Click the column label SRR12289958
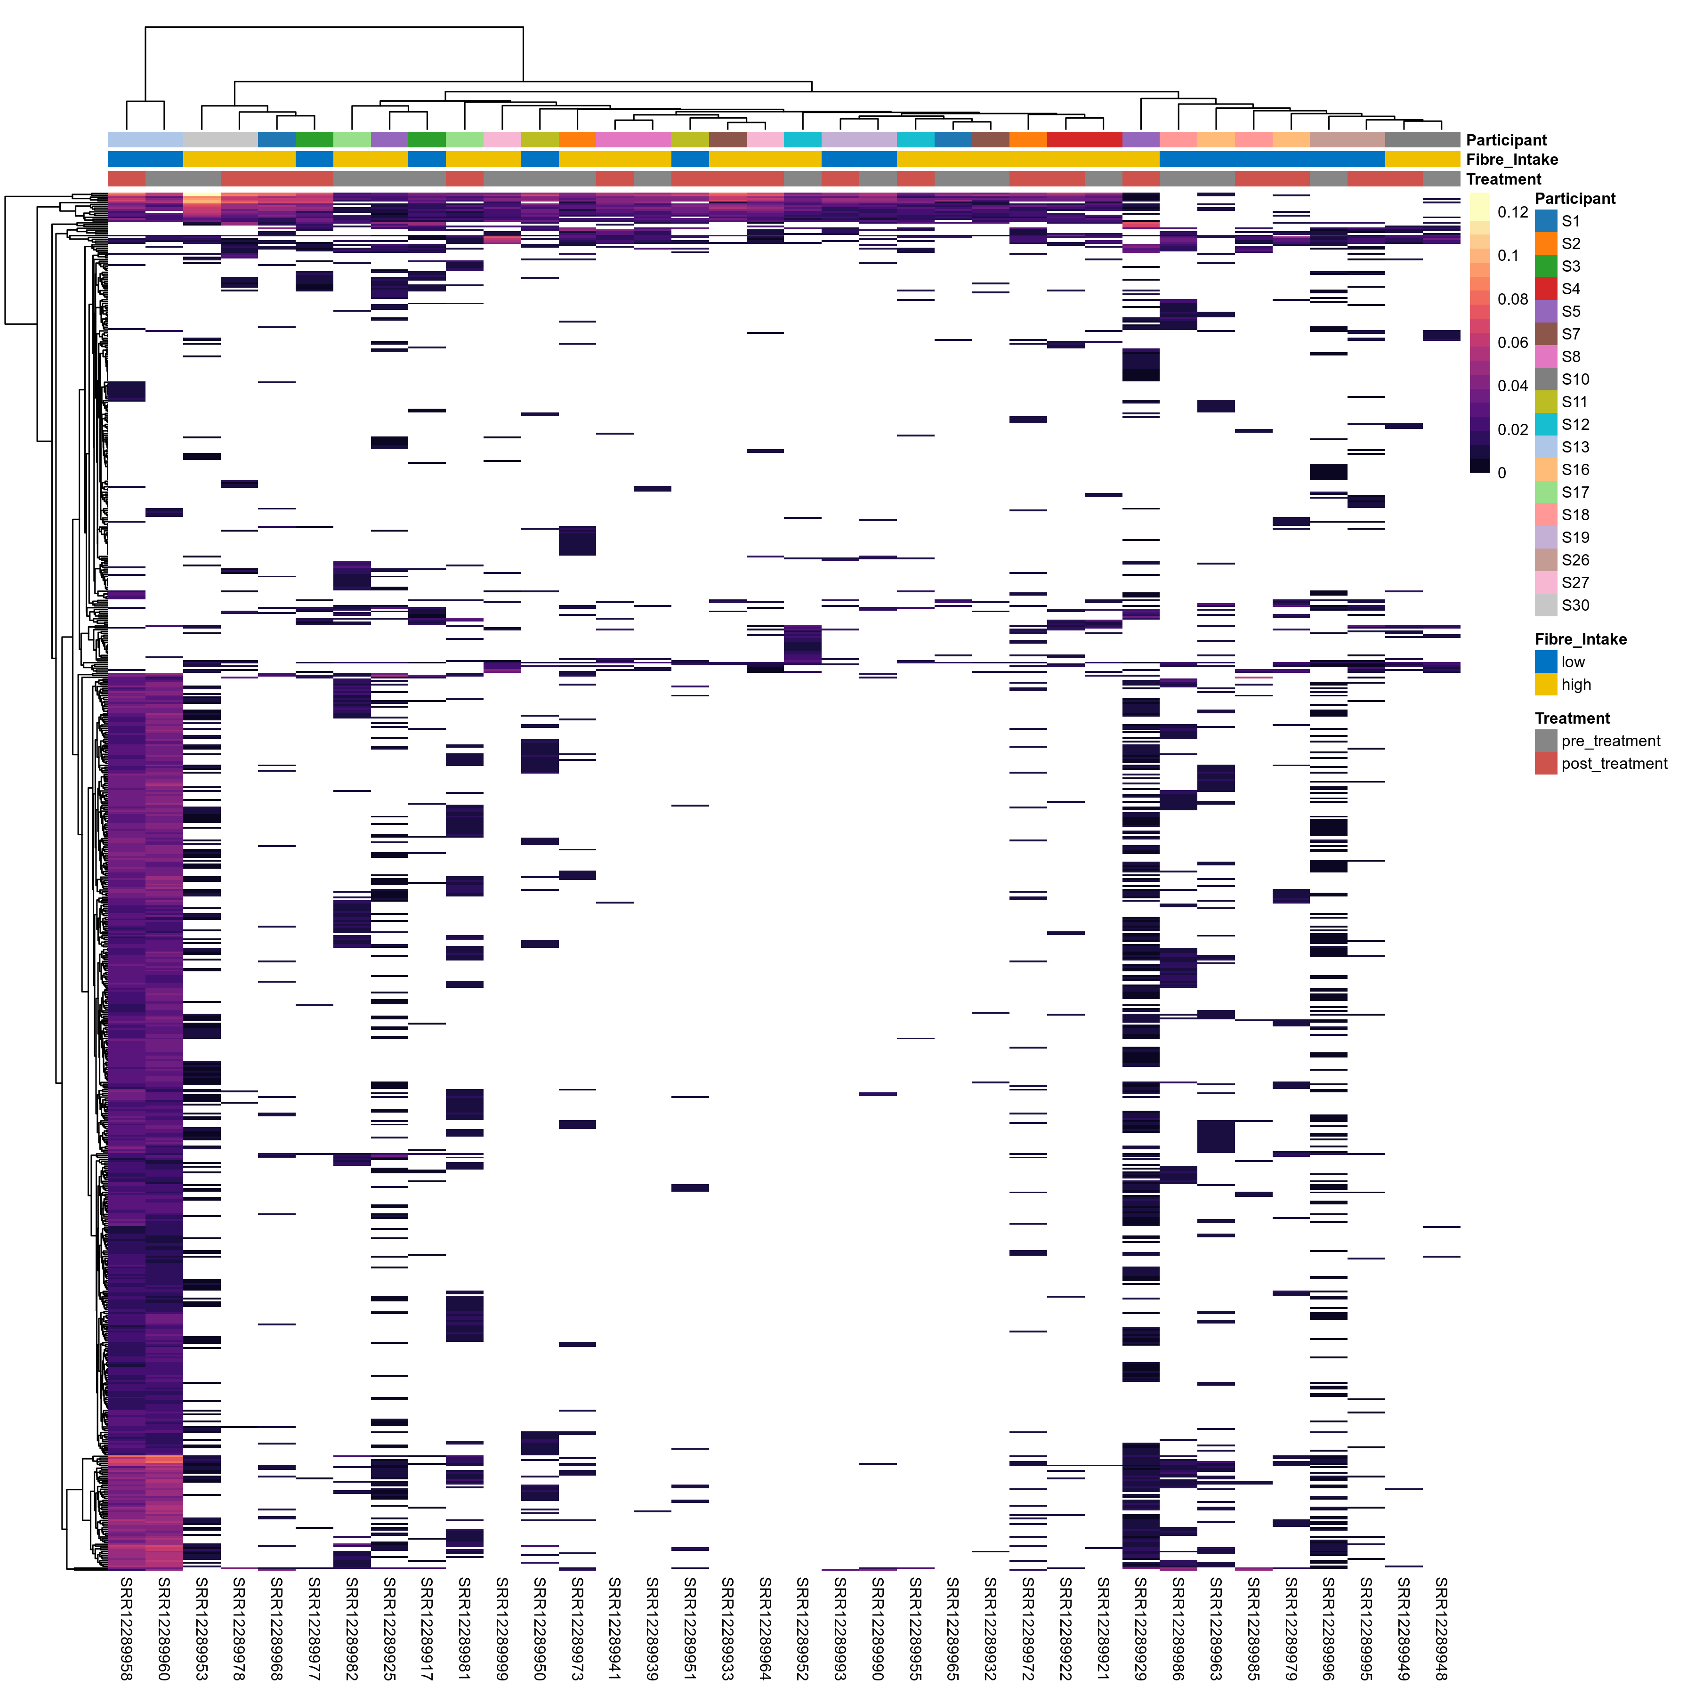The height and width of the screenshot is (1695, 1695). click(126, 1628)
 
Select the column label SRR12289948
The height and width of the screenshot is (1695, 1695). click(1441, 1628)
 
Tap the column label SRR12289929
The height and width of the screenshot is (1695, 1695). click(1140, 1628)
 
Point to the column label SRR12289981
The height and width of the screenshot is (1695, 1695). click(464, 1628)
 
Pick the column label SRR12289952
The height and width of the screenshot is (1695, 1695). click(802, 1628)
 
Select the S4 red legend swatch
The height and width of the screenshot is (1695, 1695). click(1546, 289)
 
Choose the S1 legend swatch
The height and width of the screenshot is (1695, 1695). click(1546, 221)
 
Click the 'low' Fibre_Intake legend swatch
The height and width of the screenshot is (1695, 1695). click(1546, 662)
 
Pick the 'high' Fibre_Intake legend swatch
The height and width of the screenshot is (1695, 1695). click(1546, 684)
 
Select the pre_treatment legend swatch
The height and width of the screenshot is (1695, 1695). click(1546, 741)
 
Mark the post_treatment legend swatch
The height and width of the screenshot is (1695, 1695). click(1546, 763)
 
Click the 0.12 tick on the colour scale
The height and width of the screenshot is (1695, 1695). click(1512, 212)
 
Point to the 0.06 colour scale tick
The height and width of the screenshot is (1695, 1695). click(1512, 342)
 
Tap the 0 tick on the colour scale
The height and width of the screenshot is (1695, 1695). click(1502, 473)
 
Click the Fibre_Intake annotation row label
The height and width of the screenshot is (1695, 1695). click(1512, 160)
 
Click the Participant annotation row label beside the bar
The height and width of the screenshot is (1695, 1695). click(1506, 140)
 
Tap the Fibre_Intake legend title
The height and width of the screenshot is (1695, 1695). click(1580, 639)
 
